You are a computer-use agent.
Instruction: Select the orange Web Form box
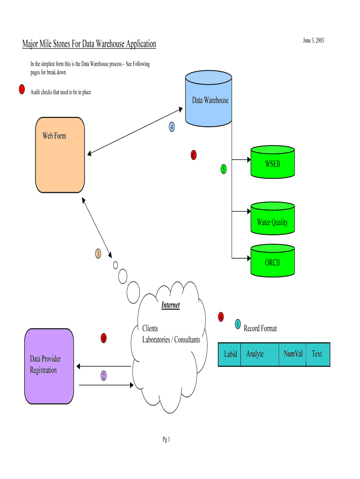60,155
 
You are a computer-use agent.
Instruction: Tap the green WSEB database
273,162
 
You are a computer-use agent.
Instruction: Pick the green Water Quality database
273,220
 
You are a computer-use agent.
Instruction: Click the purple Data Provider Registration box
49,366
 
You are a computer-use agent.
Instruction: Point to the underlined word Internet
170,305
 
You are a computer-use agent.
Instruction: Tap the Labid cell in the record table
230,354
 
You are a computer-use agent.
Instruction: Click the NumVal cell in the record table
293,354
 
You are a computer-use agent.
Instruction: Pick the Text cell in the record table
317,354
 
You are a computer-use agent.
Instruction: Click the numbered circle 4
172,127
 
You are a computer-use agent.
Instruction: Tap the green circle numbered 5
223,168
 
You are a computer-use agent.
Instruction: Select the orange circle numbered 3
98,254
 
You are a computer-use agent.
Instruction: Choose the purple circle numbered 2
103,375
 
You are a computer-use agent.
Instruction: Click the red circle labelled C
194,155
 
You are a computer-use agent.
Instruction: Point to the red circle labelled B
104,338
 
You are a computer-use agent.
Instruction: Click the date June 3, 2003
313,41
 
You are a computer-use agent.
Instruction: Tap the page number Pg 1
166,439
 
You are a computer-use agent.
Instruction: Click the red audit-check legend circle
22,90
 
